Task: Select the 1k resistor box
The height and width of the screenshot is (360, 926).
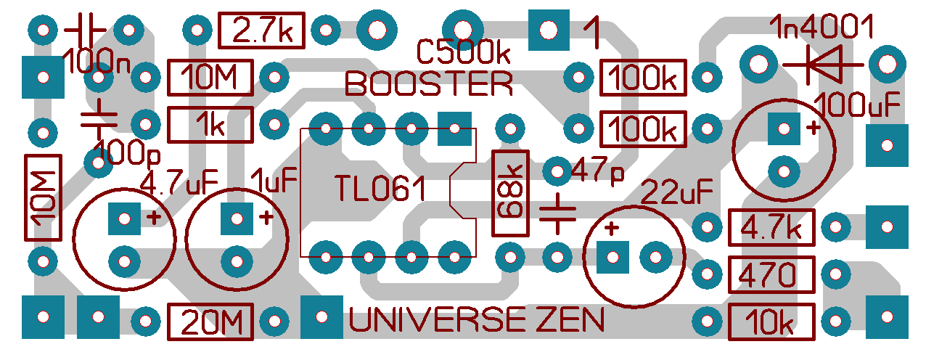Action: click(210, 125)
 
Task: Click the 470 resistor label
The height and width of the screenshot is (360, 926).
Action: click(771, 274)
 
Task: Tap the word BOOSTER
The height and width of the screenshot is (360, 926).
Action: click(429, 83)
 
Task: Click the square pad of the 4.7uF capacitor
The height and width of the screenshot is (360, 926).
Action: click(124, 217)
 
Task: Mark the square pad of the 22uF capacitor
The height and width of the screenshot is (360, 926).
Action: click(612, 256)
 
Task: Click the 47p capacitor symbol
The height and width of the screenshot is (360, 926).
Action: click(557, 213)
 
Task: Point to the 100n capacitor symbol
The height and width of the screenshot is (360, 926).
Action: click(86, 30)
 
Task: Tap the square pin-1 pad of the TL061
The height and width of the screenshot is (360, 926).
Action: click(455, 129)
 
